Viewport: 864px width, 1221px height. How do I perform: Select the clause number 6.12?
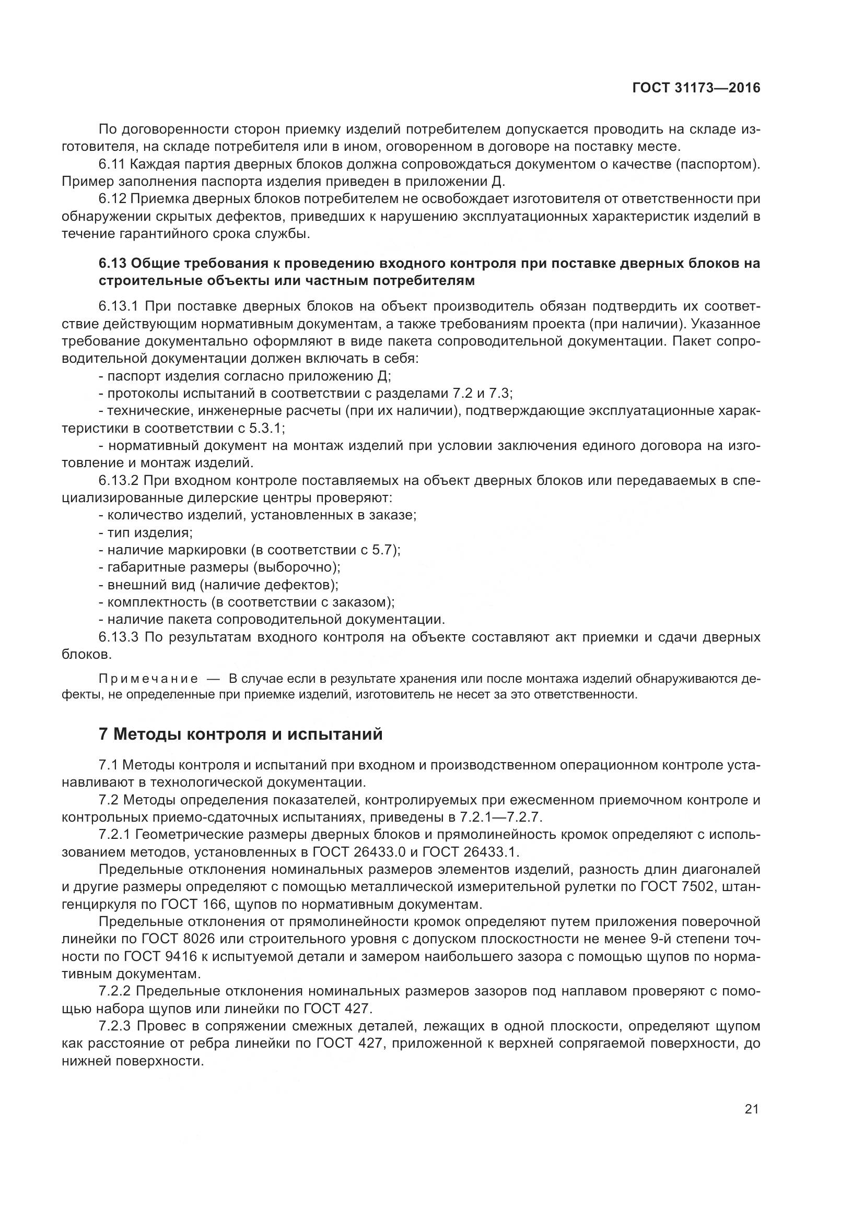112,199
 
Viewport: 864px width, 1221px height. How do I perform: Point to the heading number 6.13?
112,263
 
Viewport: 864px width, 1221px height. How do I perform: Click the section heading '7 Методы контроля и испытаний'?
240,734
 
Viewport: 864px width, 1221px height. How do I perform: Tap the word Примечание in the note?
148,679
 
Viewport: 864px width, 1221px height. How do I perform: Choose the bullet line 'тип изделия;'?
150,532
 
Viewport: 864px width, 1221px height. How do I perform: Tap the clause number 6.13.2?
119,480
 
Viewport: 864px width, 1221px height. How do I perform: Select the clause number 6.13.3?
119,637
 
